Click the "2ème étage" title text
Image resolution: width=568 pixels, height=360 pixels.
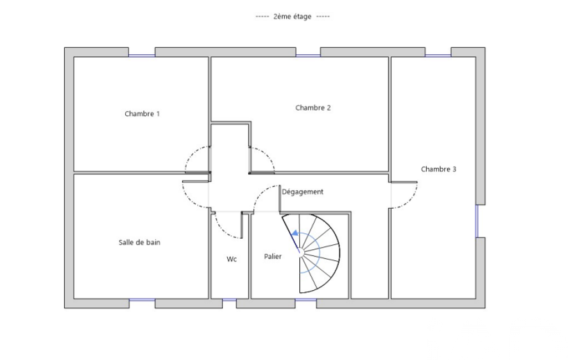[293, 17]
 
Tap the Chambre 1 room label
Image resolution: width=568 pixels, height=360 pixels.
[142, 114]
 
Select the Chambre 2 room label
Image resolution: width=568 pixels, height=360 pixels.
[313, 107]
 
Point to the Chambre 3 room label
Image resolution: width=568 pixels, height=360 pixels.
[438, 169]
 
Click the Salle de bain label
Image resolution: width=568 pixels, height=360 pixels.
[140, 242]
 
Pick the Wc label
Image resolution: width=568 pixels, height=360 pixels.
[232, 259]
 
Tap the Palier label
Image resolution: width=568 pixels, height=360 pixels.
[273, 256]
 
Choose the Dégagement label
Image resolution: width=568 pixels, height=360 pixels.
[303, 192]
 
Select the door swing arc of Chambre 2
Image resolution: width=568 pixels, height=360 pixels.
[267, 155]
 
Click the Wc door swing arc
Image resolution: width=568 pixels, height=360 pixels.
[222, 230]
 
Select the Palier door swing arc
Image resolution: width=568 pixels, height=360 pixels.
[260, 193]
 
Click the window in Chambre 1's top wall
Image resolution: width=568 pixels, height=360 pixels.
[142, 55]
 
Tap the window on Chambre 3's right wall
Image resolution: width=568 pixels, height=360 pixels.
[477, 221]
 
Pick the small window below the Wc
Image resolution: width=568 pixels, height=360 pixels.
[229, 300]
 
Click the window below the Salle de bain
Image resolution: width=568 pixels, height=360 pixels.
[142, 300]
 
